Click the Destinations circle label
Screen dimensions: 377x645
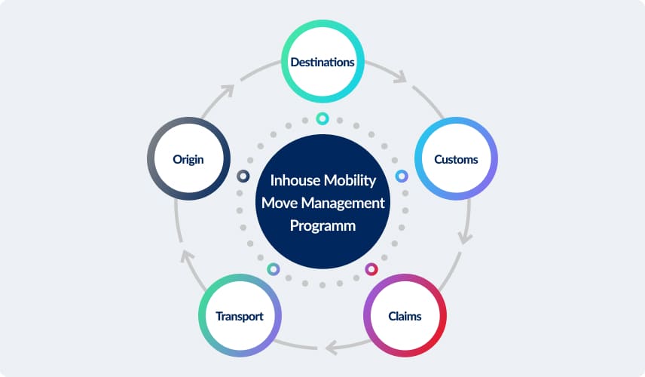[322, 62]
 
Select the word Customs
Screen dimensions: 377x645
[456, 159]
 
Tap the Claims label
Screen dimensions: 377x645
[405, 316]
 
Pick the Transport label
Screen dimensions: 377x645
[240, 316]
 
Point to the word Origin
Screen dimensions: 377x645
[188, 159]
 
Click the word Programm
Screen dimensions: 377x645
[322, 225]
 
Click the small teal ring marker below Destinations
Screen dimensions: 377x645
[322, 118]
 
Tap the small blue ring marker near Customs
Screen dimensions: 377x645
[402, 176]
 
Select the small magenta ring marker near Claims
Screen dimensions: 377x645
[371, 268]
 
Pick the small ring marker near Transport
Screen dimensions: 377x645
[274, 268]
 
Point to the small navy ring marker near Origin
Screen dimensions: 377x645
[243, 176]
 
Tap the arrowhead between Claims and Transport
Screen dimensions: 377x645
[331, 347]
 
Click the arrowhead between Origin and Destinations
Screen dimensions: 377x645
[229, 88]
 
